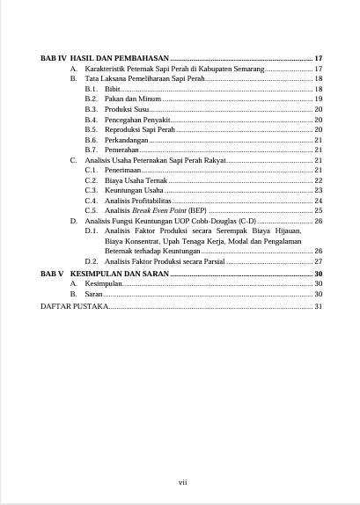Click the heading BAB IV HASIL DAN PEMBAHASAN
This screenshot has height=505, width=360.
(105, 57)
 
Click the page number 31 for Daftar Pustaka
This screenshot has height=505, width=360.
(319, 306)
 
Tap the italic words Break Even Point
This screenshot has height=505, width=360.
(158, 210)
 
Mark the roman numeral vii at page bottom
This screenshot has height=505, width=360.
(182, 481)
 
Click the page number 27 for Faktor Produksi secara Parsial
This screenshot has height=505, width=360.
(319, 261)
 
